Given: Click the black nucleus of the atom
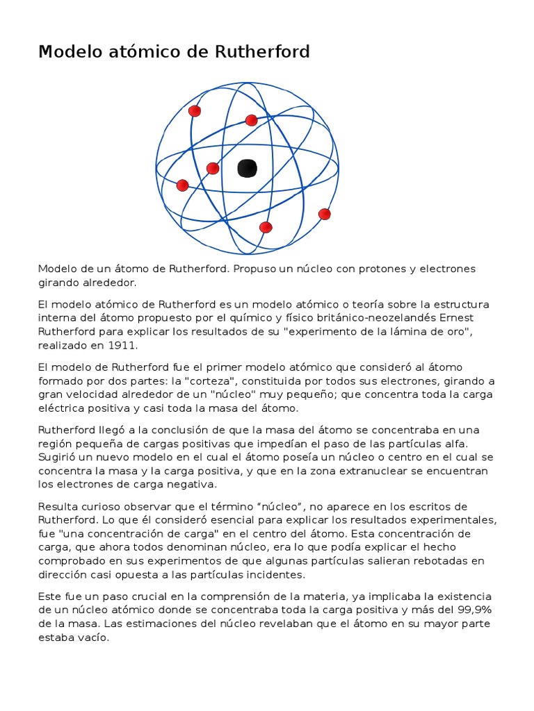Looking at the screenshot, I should (x=247, y=168).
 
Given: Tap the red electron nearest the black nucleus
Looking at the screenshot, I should (x=213, y=168).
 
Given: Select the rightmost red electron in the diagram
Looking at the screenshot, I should (x=324, y=214).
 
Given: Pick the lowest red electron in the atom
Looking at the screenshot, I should (x=265, y=227).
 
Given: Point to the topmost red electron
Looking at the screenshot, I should (x=195, y=111).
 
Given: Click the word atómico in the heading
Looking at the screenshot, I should (x=128, y=52).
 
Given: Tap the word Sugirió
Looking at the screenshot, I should (x=60, y=457).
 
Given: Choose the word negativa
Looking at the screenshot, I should (x=193, y=485).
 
